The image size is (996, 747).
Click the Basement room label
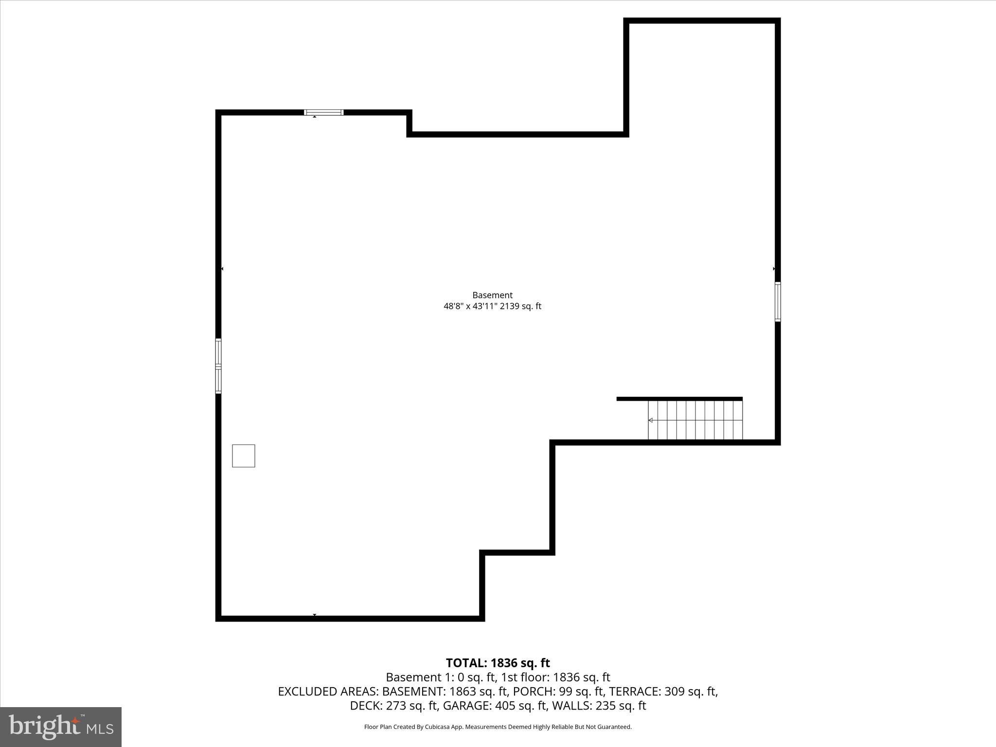[x=492, y=295]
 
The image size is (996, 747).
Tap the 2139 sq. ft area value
[x=520, y=306]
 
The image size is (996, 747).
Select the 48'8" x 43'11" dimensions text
[x=470, y=306]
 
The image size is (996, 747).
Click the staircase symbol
[x=695, y=420]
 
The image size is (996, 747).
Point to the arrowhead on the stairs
[x=651, y=420]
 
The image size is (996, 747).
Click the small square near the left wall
[x=243, y=456]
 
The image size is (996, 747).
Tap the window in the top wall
[x=323, y=112]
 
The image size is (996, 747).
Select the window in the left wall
[x=218, y=366]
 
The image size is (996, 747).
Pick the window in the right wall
[x=778, y=302]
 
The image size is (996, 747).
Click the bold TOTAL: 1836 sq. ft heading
[x=498, y=663]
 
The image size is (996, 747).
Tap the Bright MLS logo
[x=61, y=727]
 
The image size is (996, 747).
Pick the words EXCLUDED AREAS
[x=328, y=691]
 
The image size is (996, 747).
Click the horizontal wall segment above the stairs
[x=679, y=399]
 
